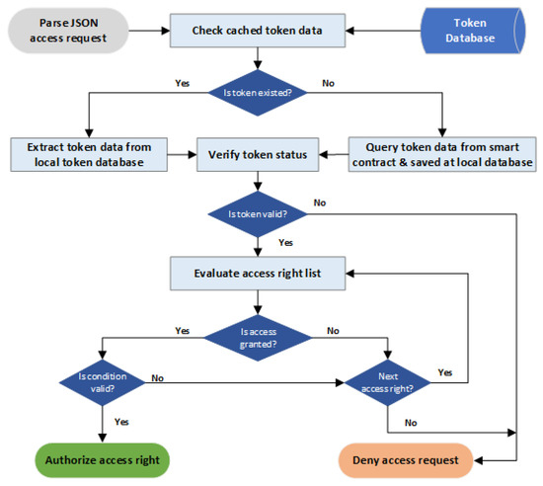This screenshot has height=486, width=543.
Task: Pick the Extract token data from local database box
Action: pyautogui.click(x=87, y=154)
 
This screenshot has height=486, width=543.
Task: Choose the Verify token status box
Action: pyautogui.click(x=257, y=155)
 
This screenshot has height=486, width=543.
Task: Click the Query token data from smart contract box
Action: pyautogui.click(x=440, y=154)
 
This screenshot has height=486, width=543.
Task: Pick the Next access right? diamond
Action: pyautogui.click(x=385, y=378)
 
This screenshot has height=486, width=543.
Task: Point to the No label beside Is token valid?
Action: pyautogui.click(x=320, y=202)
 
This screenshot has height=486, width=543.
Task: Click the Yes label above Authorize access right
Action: pyautogui.click(x=121, y=422)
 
